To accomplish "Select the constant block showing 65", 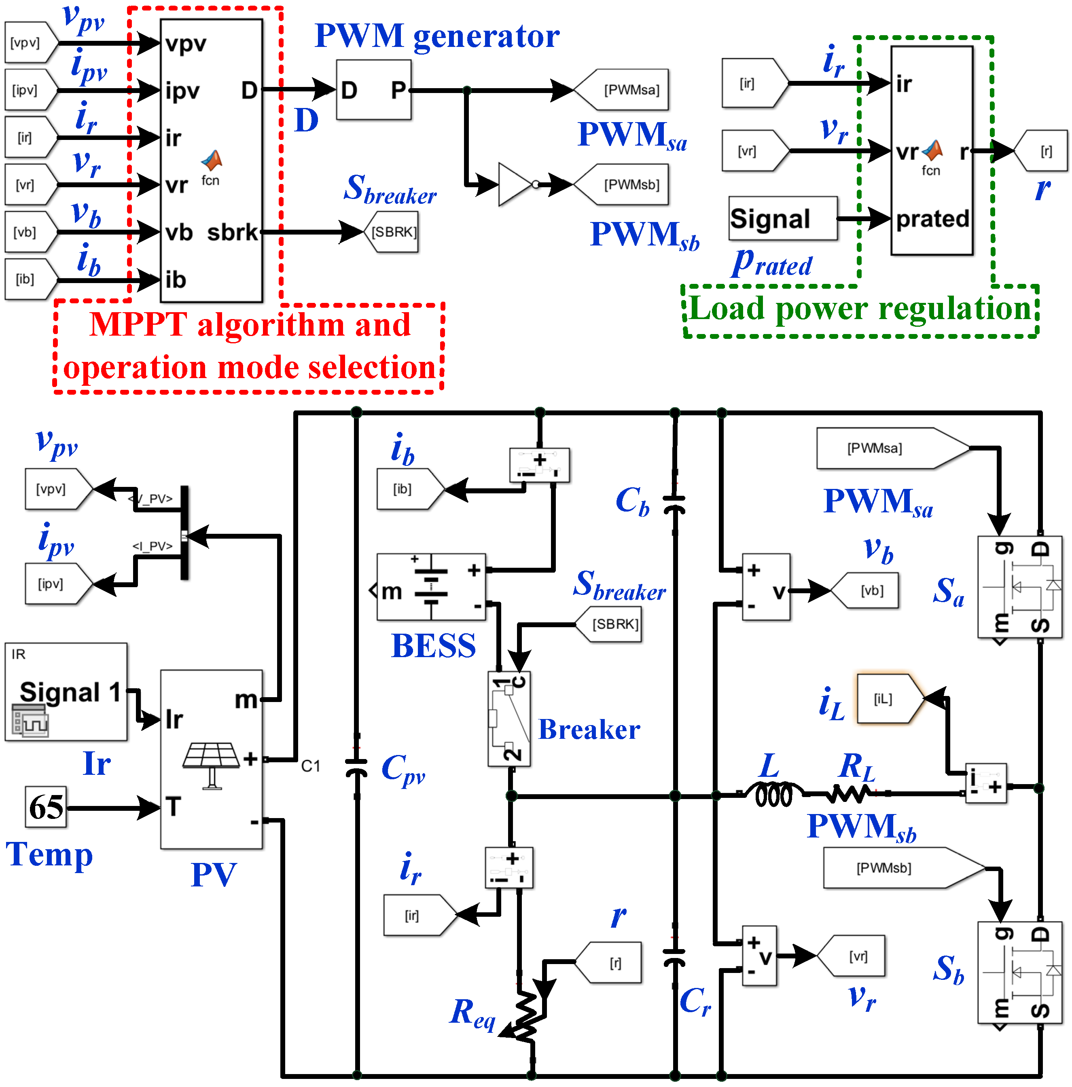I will point(46,806).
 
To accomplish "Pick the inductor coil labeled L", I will point(774,794).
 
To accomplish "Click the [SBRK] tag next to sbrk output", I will point(393,232).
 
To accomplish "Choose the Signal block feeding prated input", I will point(782,218).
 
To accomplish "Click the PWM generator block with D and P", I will point(374,89).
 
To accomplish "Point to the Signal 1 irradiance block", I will point(66,692).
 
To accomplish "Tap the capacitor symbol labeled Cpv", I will point(356,768).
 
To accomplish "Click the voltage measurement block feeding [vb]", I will point(766,587).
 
